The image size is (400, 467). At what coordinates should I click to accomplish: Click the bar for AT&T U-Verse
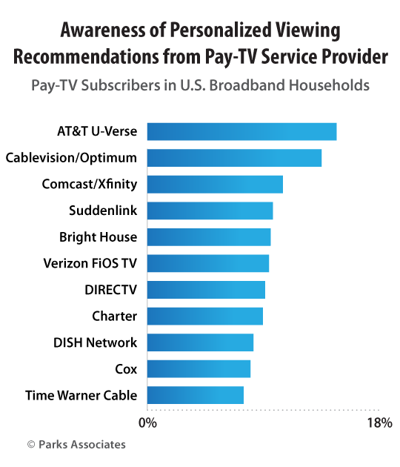241,131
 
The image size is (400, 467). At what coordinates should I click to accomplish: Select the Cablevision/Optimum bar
234,158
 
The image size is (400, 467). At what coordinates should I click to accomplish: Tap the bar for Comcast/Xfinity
215,184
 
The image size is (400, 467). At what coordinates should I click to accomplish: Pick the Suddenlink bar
210,211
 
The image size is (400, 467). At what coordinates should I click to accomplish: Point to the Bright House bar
209,236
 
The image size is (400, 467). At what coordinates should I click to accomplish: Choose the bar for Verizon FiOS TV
207,263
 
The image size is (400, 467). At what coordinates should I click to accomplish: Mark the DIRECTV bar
206,289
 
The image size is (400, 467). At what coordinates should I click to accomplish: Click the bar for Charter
204,316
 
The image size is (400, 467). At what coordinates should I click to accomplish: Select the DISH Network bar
200,342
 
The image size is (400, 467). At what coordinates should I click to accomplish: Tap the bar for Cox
199,368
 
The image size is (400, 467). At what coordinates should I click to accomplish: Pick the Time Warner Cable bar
196,395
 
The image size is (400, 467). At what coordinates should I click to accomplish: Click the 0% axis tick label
147,423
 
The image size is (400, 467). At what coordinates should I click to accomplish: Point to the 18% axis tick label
379,423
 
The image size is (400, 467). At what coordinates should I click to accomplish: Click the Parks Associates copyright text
76,445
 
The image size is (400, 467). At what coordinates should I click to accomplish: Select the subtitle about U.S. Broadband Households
200,85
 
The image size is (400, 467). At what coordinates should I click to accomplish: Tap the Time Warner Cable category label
81,395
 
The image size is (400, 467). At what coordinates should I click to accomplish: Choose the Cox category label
126,368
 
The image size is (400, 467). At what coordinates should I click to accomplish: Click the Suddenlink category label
102,211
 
